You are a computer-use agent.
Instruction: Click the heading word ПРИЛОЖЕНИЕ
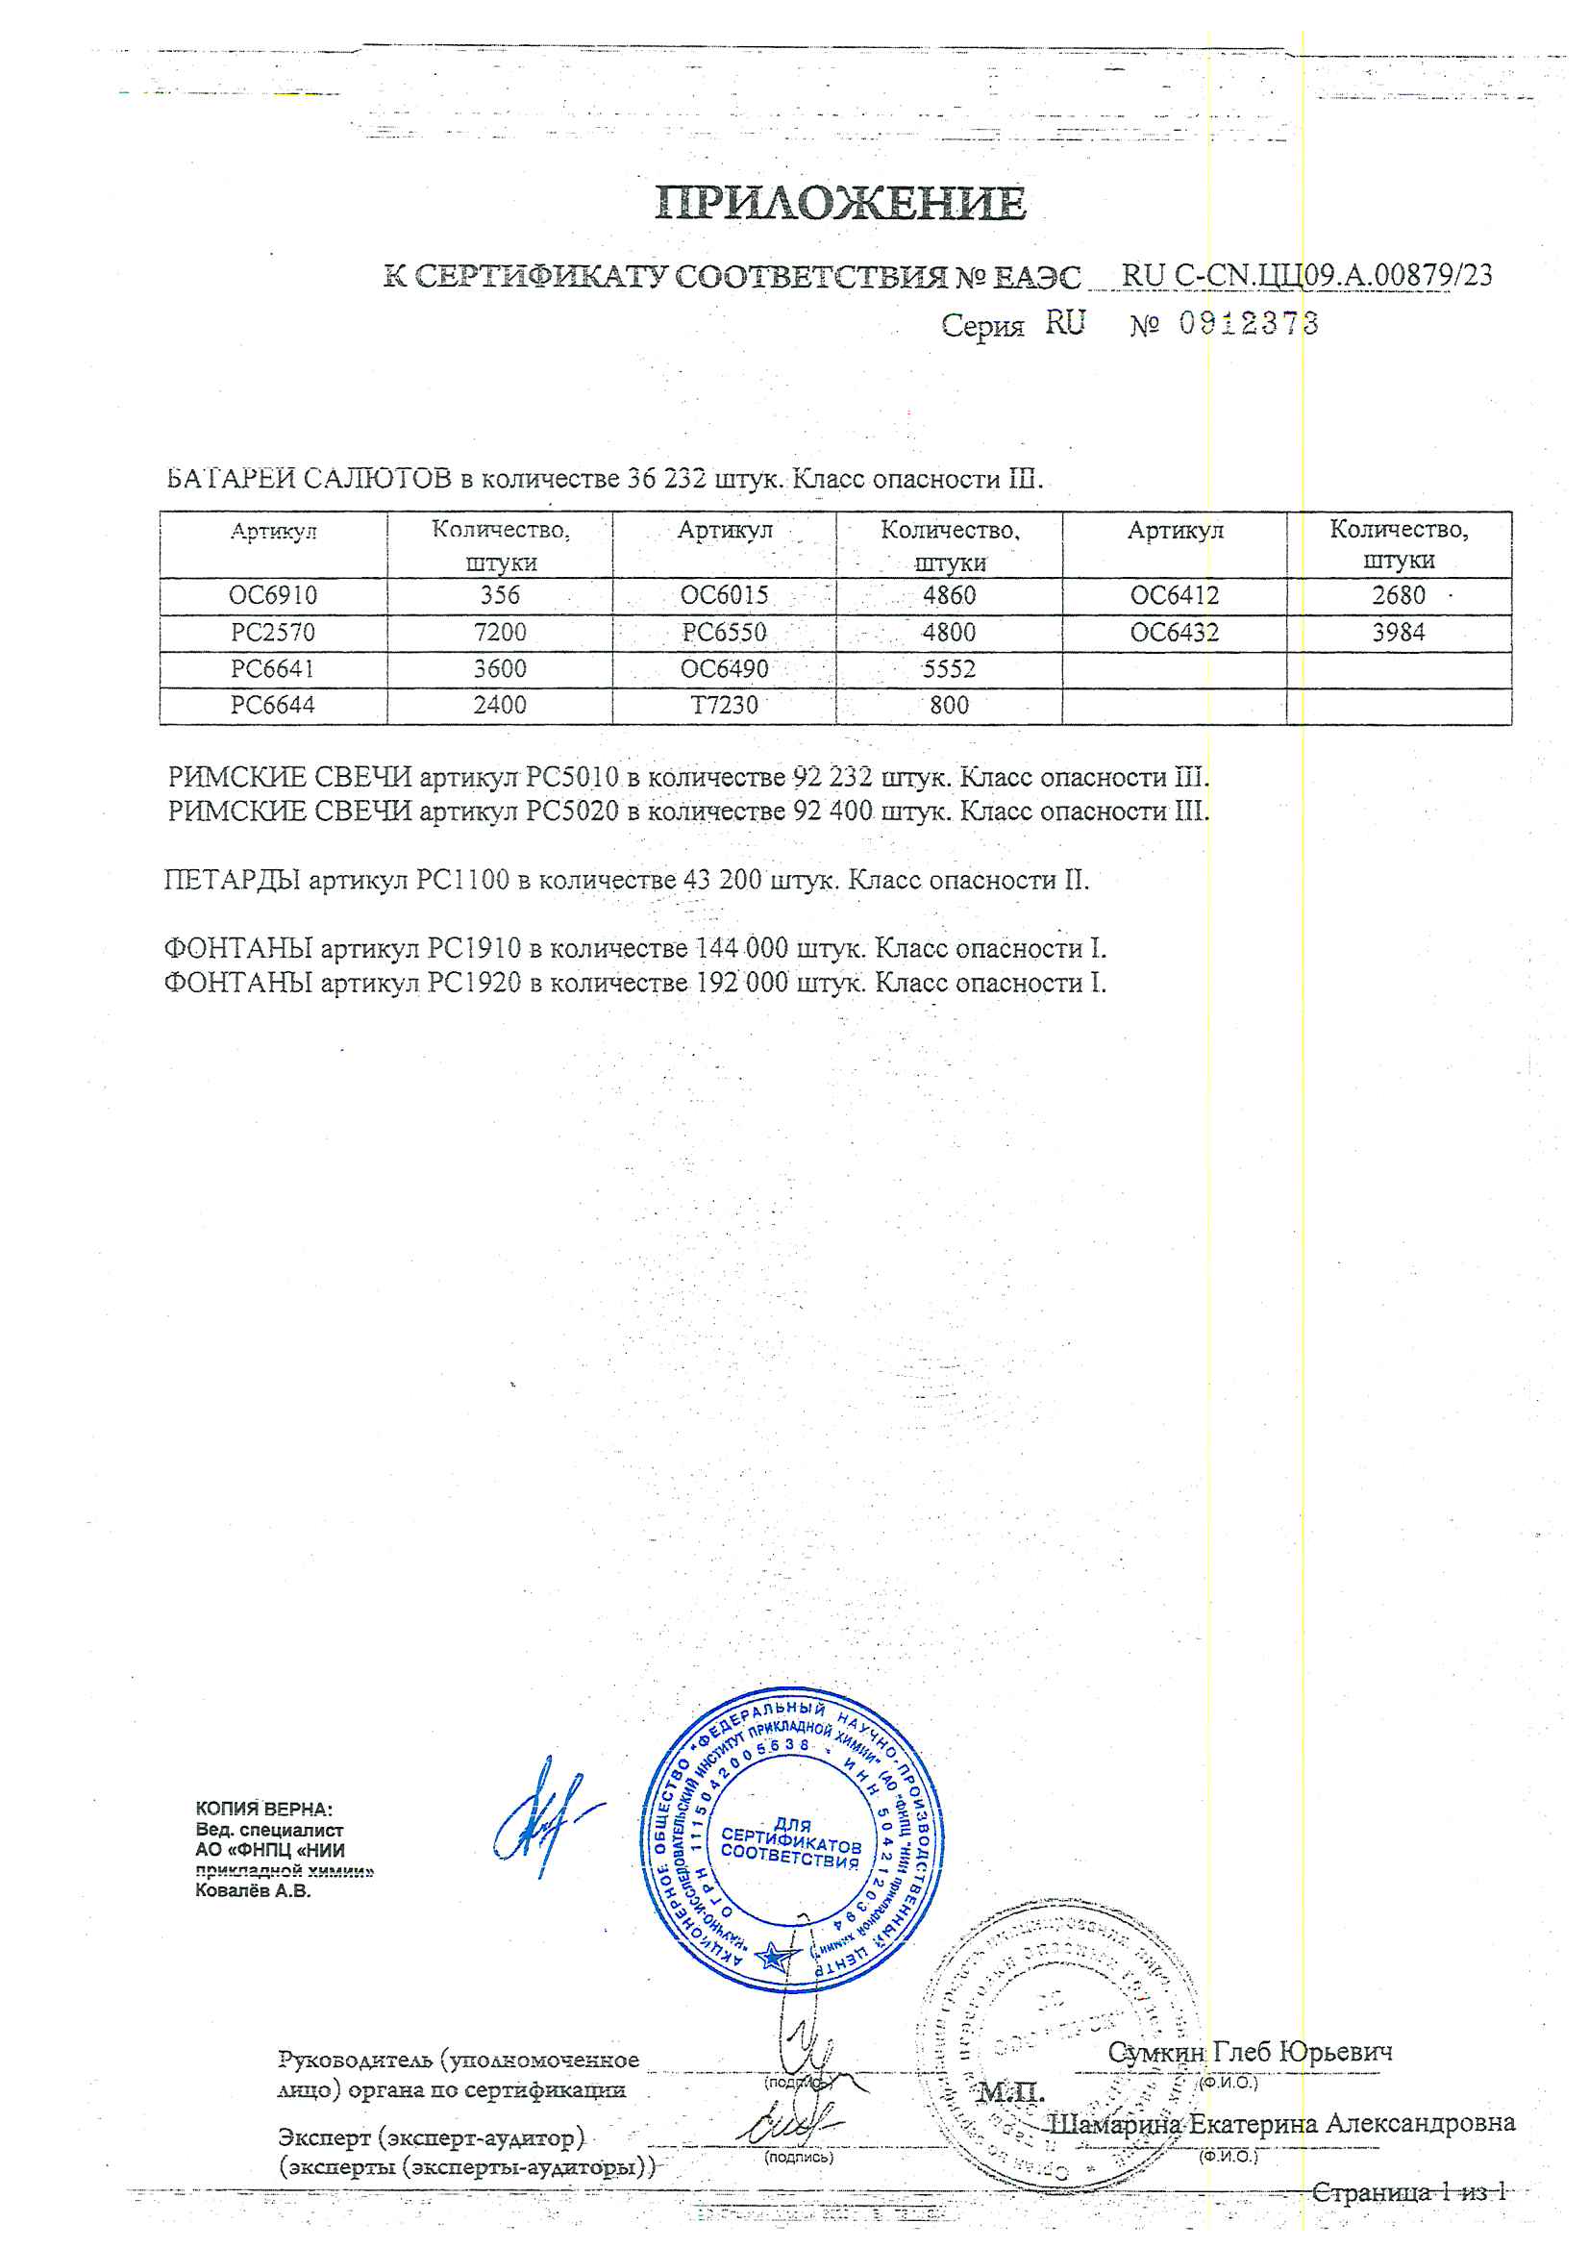coord(840,204)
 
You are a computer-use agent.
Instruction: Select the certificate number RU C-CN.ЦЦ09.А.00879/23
coord(1306,275)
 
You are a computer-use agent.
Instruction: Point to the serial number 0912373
coord(1249,323)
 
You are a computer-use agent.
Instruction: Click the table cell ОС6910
coord(273,595)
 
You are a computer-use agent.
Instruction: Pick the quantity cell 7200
coord(499,633)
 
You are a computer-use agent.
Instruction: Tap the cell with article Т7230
coord(725,705)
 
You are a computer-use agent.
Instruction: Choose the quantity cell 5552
coord(949,670)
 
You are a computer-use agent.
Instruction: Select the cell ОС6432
coord(1174,633)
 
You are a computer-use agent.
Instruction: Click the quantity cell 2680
coord(1398,595)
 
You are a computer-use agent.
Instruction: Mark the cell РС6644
coord(273,705)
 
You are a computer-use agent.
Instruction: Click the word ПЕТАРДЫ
coord(232,880)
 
